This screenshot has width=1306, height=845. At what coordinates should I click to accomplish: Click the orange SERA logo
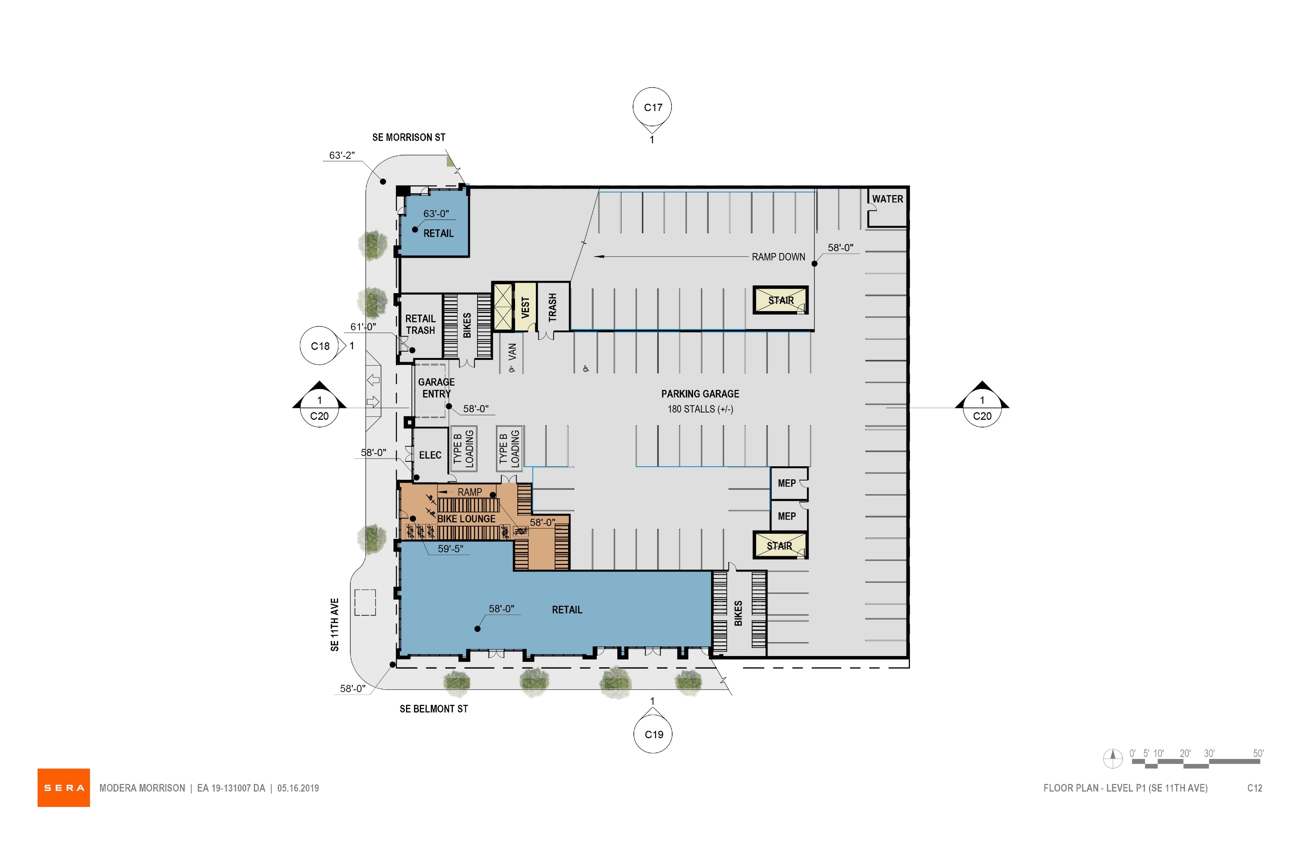click(64, 787)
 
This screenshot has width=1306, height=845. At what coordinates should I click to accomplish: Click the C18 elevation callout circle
click(320, 346)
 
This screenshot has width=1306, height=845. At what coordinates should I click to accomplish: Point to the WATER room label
click(887, 199)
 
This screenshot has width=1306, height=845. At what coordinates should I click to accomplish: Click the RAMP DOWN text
click(778, 257)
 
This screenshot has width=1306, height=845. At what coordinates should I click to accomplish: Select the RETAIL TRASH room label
click(420, 324)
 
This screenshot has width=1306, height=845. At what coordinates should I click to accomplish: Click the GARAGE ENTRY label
click(436, 388)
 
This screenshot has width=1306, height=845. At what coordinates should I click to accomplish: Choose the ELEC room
click(430, 455)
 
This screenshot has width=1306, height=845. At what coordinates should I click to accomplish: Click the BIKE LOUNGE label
click(466, 519)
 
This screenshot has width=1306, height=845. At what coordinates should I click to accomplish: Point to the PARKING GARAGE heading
click(700, 394)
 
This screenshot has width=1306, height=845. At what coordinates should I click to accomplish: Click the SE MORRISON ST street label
click(409, 137)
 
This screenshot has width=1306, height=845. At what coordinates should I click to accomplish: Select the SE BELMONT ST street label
click(434, 709)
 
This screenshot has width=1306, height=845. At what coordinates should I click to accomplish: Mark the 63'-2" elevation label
click(342, 155)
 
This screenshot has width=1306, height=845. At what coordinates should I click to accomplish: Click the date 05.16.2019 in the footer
click(298, 788)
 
